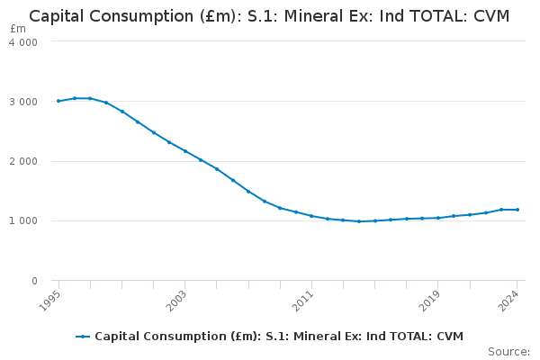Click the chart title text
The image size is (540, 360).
coord(269,16)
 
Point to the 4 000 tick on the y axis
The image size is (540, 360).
coord(23,42)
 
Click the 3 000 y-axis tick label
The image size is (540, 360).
coord(23,102)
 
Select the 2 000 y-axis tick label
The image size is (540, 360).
coord(23,161)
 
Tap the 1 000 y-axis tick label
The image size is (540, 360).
coord(23,220)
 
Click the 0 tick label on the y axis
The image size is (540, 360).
coord(33,281)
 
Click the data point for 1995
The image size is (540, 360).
coord(58,101)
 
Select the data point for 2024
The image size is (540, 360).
coord(517,210)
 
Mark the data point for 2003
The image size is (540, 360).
coord(185,150)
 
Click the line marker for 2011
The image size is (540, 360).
coord(311,216)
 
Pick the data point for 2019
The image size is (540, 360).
coord(438,218)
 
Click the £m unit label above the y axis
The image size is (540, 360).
coord(19,29)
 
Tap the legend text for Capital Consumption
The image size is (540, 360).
coord(279,337)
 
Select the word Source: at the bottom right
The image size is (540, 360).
coord(508,351)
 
